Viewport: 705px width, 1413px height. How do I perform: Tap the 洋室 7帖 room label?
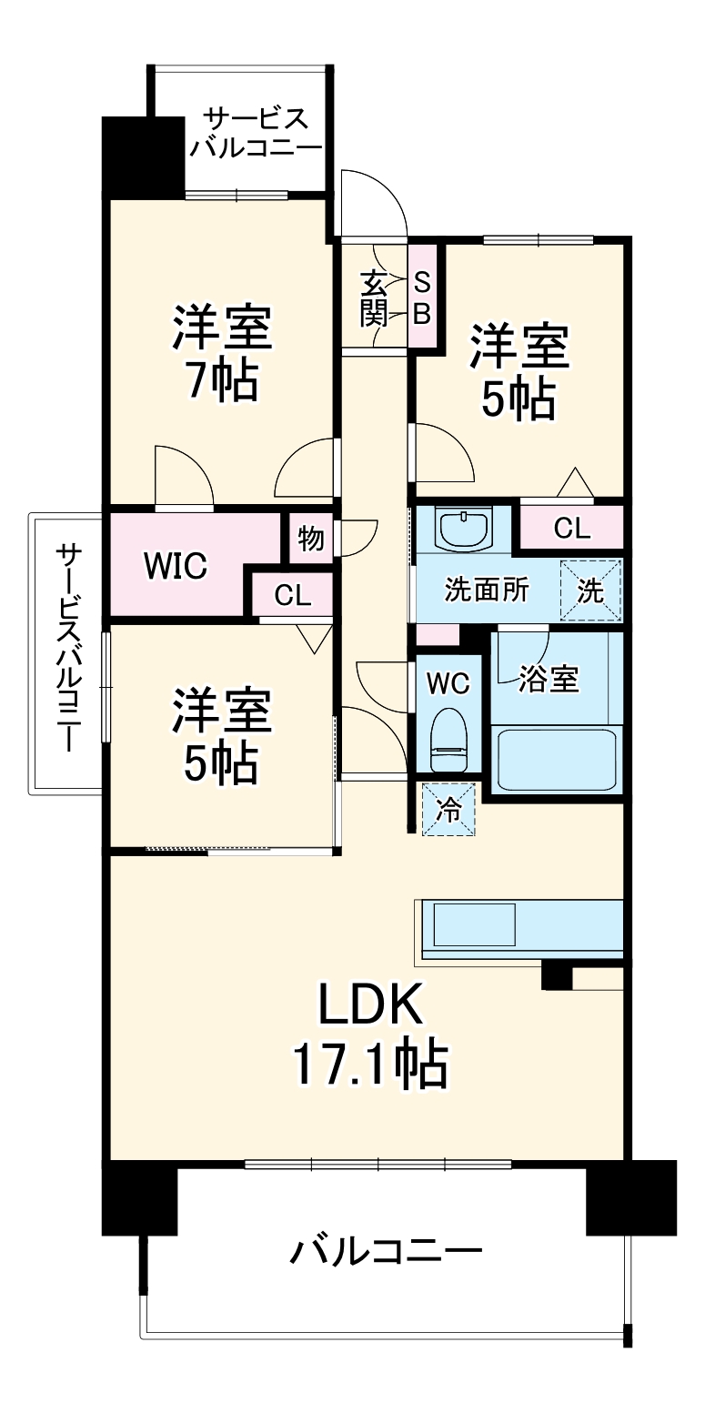223,355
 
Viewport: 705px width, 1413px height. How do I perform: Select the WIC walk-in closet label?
176,566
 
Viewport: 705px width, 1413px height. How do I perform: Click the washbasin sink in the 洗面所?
464,528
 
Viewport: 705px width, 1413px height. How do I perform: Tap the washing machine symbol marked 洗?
591,590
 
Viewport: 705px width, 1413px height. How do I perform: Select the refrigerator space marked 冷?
448,809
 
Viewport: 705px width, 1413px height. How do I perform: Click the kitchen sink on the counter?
474,924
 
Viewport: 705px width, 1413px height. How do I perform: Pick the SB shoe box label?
422,297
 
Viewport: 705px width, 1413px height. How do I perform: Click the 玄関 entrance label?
373,298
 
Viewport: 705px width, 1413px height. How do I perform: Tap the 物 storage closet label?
311,539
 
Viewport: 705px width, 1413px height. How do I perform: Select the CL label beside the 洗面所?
571,528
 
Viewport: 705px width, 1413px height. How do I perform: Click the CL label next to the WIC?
293,596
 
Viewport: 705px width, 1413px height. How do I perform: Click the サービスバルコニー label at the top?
256,133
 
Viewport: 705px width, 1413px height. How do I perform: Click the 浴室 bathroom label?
549,679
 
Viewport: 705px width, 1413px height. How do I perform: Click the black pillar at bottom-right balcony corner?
631,1197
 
